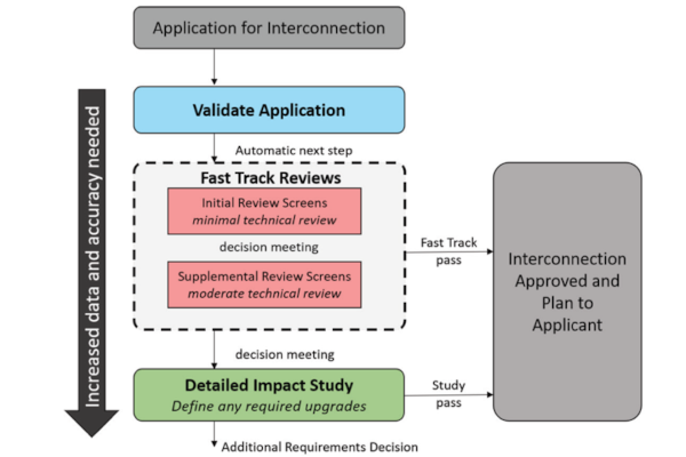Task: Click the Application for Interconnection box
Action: point(269,28)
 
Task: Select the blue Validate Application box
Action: point(269,110)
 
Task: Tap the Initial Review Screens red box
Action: point(264,211)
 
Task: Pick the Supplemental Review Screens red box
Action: point(264,284)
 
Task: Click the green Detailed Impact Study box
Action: point(269,395)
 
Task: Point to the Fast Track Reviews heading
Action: point(271,178)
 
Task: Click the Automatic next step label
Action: point(294,151)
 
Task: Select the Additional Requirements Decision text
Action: point(320,447)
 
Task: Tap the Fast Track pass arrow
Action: point(449,252)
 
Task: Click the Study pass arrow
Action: point(449,395)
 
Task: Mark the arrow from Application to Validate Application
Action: point(214,67)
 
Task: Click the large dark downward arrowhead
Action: point(92,422)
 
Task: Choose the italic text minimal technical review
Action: point(264,220)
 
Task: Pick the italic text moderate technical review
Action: point(264,294)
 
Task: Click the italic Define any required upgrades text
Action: point(269,406)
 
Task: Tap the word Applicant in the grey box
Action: point(567,325)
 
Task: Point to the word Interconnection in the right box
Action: point(567,259)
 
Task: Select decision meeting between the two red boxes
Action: point(269,247)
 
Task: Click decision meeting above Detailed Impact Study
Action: point(285,355)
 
